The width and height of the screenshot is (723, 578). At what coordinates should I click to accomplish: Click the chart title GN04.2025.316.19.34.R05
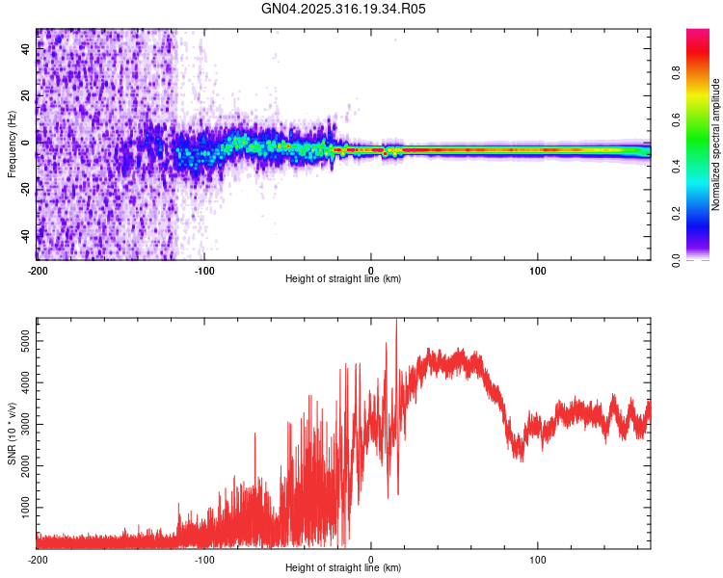(x=343, y=9)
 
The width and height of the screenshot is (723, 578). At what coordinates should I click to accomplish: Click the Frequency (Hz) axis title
(x=11, y=144)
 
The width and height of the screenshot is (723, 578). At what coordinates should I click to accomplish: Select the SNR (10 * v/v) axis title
(x=11, y=433)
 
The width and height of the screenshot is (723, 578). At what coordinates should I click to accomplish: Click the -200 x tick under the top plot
(x=38, y=269)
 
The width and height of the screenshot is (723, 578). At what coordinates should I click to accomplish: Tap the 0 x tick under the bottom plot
(x=371, y=558)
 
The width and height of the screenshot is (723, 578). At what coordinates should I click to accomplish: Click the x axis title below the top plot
(x=343, y=279)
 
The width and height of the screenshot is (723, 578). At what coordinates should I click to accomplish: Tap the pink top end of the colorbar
(x=698, y=34)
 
